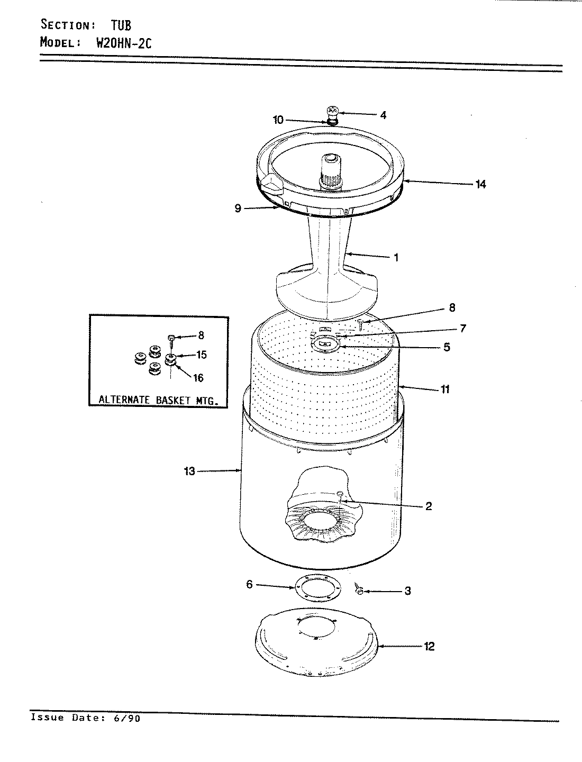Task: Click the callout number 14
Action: tap(480, 184)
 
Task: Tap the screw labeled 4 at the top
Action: tap(332, 112)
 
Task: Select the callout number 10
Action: tap(278, 120)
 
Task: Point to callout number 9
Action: tap(238, 208)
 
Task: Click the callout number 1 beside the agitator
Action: tap(396, 258)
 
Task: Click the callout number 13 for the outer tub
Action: tap(189, 471)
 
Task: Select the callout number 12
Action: tap(429, 646)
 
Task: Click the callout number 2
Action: tap(428, 506)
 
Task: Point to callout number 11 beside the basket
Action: tap(445, 389)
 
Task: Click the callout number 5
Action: tap(447, 347)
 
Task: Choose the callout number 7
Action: tap(462, 329)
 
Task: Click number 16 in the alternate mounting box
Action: tap(198, 378)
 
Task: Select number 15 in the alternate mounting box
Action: tap(201, 355)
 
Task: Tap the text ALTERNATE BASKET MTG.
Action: tap(159, 400)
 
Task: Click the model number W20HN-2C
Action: tap(123, 43)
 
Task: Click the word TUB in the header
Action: tap(121, 25)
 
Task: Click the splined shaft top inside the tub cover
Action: tap(332, 158)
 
